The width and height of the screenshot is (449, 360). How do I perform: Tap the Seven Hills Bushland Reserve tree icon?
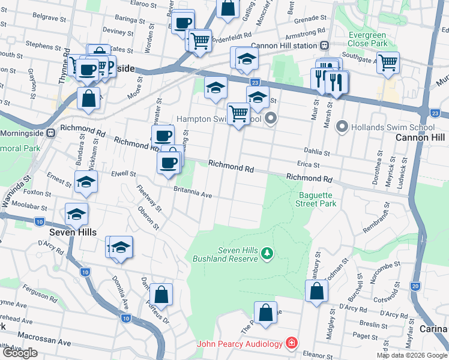(268, 254)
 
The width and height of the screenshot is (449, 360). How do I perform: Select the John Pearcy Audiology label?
(240, 344)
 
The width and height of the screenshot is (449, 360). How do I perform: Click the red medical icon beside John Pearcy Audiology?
(291, 343)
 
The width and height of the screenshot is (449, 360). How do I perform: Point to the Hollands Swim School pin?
(342, 127)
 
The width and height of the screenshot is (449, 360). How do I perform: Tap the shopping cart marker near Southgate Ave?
(388, 62)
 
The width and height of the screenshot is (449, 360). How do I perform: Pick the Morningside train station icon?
(51, 131)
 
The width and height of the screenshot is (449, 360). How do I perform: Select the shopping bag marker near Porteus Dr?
(161, 294)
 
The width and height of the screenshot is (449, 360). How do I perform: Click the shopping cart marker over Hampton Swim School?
(238, 113)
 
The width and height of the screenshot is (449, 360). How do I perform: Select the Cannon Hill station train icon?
(324, 46)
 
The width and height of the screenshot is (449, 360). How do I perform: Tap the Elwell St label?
(122, 173)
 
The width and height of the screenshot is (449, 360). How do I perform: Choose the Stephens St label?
(39, 45)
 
